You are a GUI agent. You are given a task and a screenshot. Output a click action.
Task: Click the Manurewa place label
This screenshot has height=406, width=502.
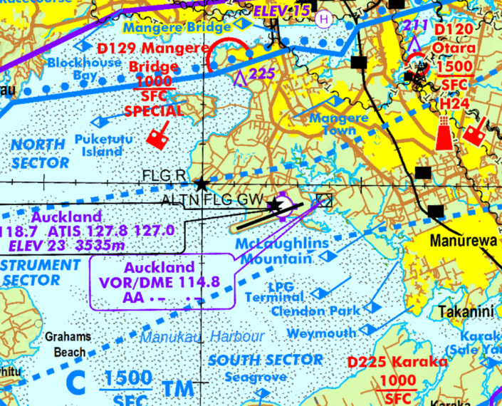click(x=463, y=241)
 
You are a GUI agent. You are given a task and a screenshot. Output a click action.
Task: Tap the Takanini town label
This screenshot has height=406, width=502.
click(x=466, y=312)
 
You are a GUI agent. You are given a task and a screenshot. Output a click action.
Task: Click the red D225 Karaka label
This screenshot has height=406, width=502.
click(x=398, y=363)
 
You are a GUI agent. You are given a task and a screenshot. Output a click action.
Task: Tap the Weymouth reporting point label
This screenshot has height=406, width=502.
click(x=322, y=333)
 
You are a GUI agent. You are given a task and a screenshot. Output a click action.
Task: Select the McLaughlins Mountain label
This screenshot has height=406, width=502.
click(x=283, y=251)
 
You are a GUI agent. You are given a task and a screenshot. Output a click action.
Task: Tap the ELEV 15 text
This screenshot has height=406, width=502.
click(x=282, y=11)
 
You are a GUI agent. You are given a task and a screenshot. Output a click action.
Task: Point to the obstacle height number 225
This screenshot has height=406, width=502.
click(x=262, y=73)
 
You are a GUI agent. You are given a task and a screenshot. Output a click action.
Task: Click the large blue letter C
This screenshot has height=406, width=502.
click(x=75, y=382)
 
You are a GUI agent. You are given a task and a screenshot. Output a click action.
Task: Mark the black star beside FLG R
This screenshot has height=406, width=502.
click(x=202, y=184)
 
